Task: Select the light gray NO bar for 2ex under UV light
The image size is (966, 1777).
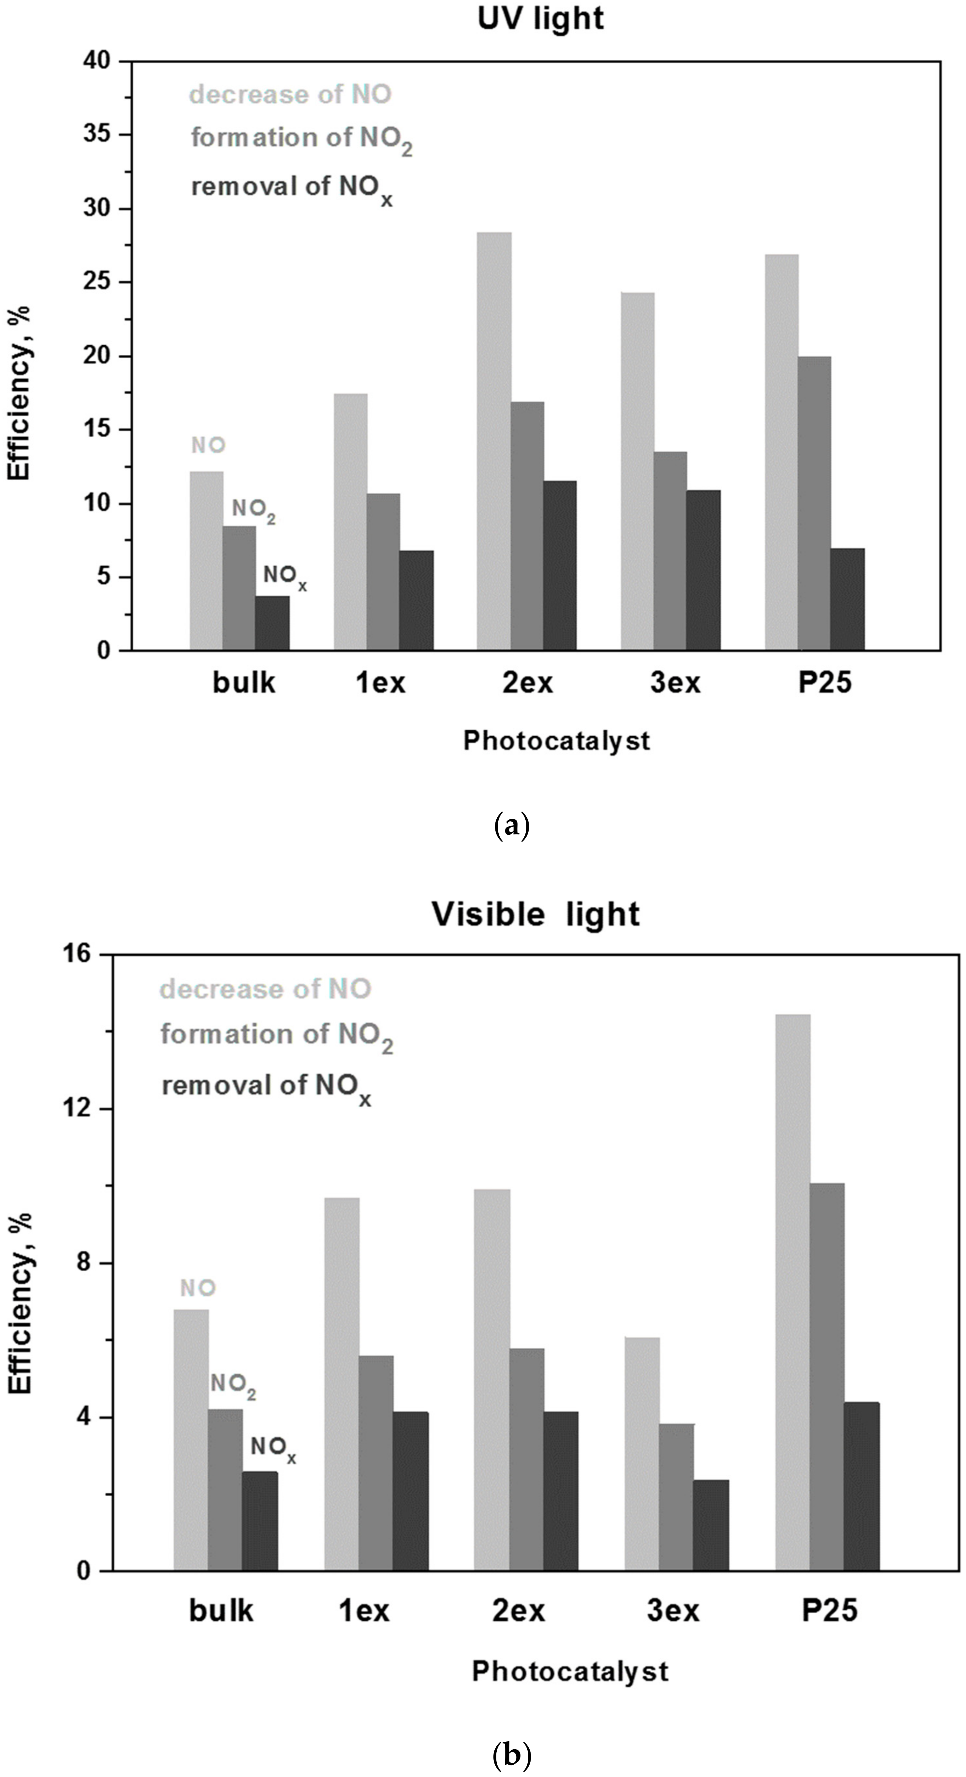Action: [494, 441]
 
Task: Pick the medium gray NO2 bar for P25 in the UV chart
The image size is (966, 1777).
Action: [813, 503]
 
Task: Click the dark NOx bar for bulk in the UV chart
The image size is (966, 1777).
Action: [272, 623]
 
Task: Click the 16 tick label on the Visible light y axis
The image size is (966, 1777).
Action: [81, 954]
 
